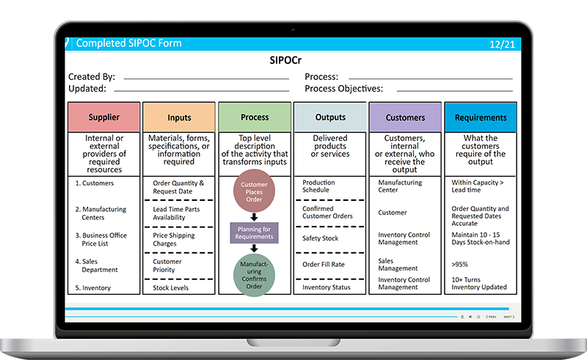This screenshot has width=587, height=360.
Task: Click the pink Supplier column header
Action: point(103,117)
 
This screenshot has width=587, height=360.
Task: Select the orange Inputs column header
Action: point(179,117)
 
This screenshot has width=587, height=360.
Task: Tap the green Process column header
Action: point(255,117)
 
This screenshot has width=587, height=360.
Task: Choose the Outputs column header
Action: point(330,117)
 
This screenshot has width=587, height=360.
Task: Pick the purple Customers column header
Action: point(405,117)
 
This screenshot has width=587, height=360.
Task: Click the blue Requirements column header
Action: point(481,117)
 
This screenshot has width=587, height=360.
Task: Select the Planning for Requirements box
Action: point(255,233)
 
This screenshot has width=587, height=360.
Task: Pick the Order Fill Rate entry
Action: point(324,265)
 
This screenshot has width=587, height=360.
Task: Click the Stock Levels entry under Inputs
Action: point(170,288)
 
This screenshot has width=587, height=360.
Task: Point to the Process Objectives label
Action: point(343,89)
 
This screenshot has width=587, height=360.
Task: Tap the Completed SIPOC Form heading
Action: point(128,43)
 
